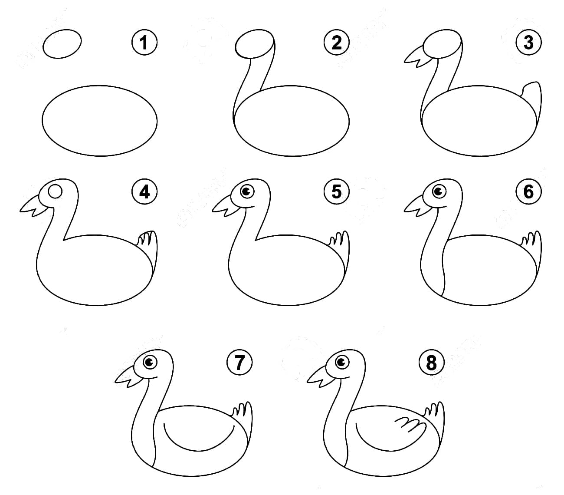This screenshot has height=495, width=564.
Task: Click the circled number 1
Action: click(144, 43)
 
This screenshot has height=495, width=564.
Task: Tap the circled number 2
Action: click(336, 43)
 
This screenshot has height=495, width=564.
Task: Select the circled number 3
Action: click(528, 43)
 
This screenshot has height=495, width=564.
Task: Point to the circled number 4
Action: click(144, 191)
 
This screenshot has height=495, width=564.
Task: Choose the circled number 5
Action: click(336, 191)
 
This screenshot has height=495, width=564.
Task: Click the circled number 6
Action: click(528, 191)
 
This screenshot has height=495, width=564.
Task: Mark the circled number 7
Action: click(239, 362)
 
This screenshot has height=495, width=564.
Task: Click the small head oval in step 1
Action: click(62, 43)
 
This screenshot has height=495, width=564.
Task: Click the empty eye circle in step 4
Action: click(55, 191)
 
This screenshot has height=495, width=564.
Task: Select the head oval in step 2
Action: click(255, 44)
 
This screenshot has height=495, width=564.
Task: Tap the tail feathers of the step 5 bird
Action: click(339, 241)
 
